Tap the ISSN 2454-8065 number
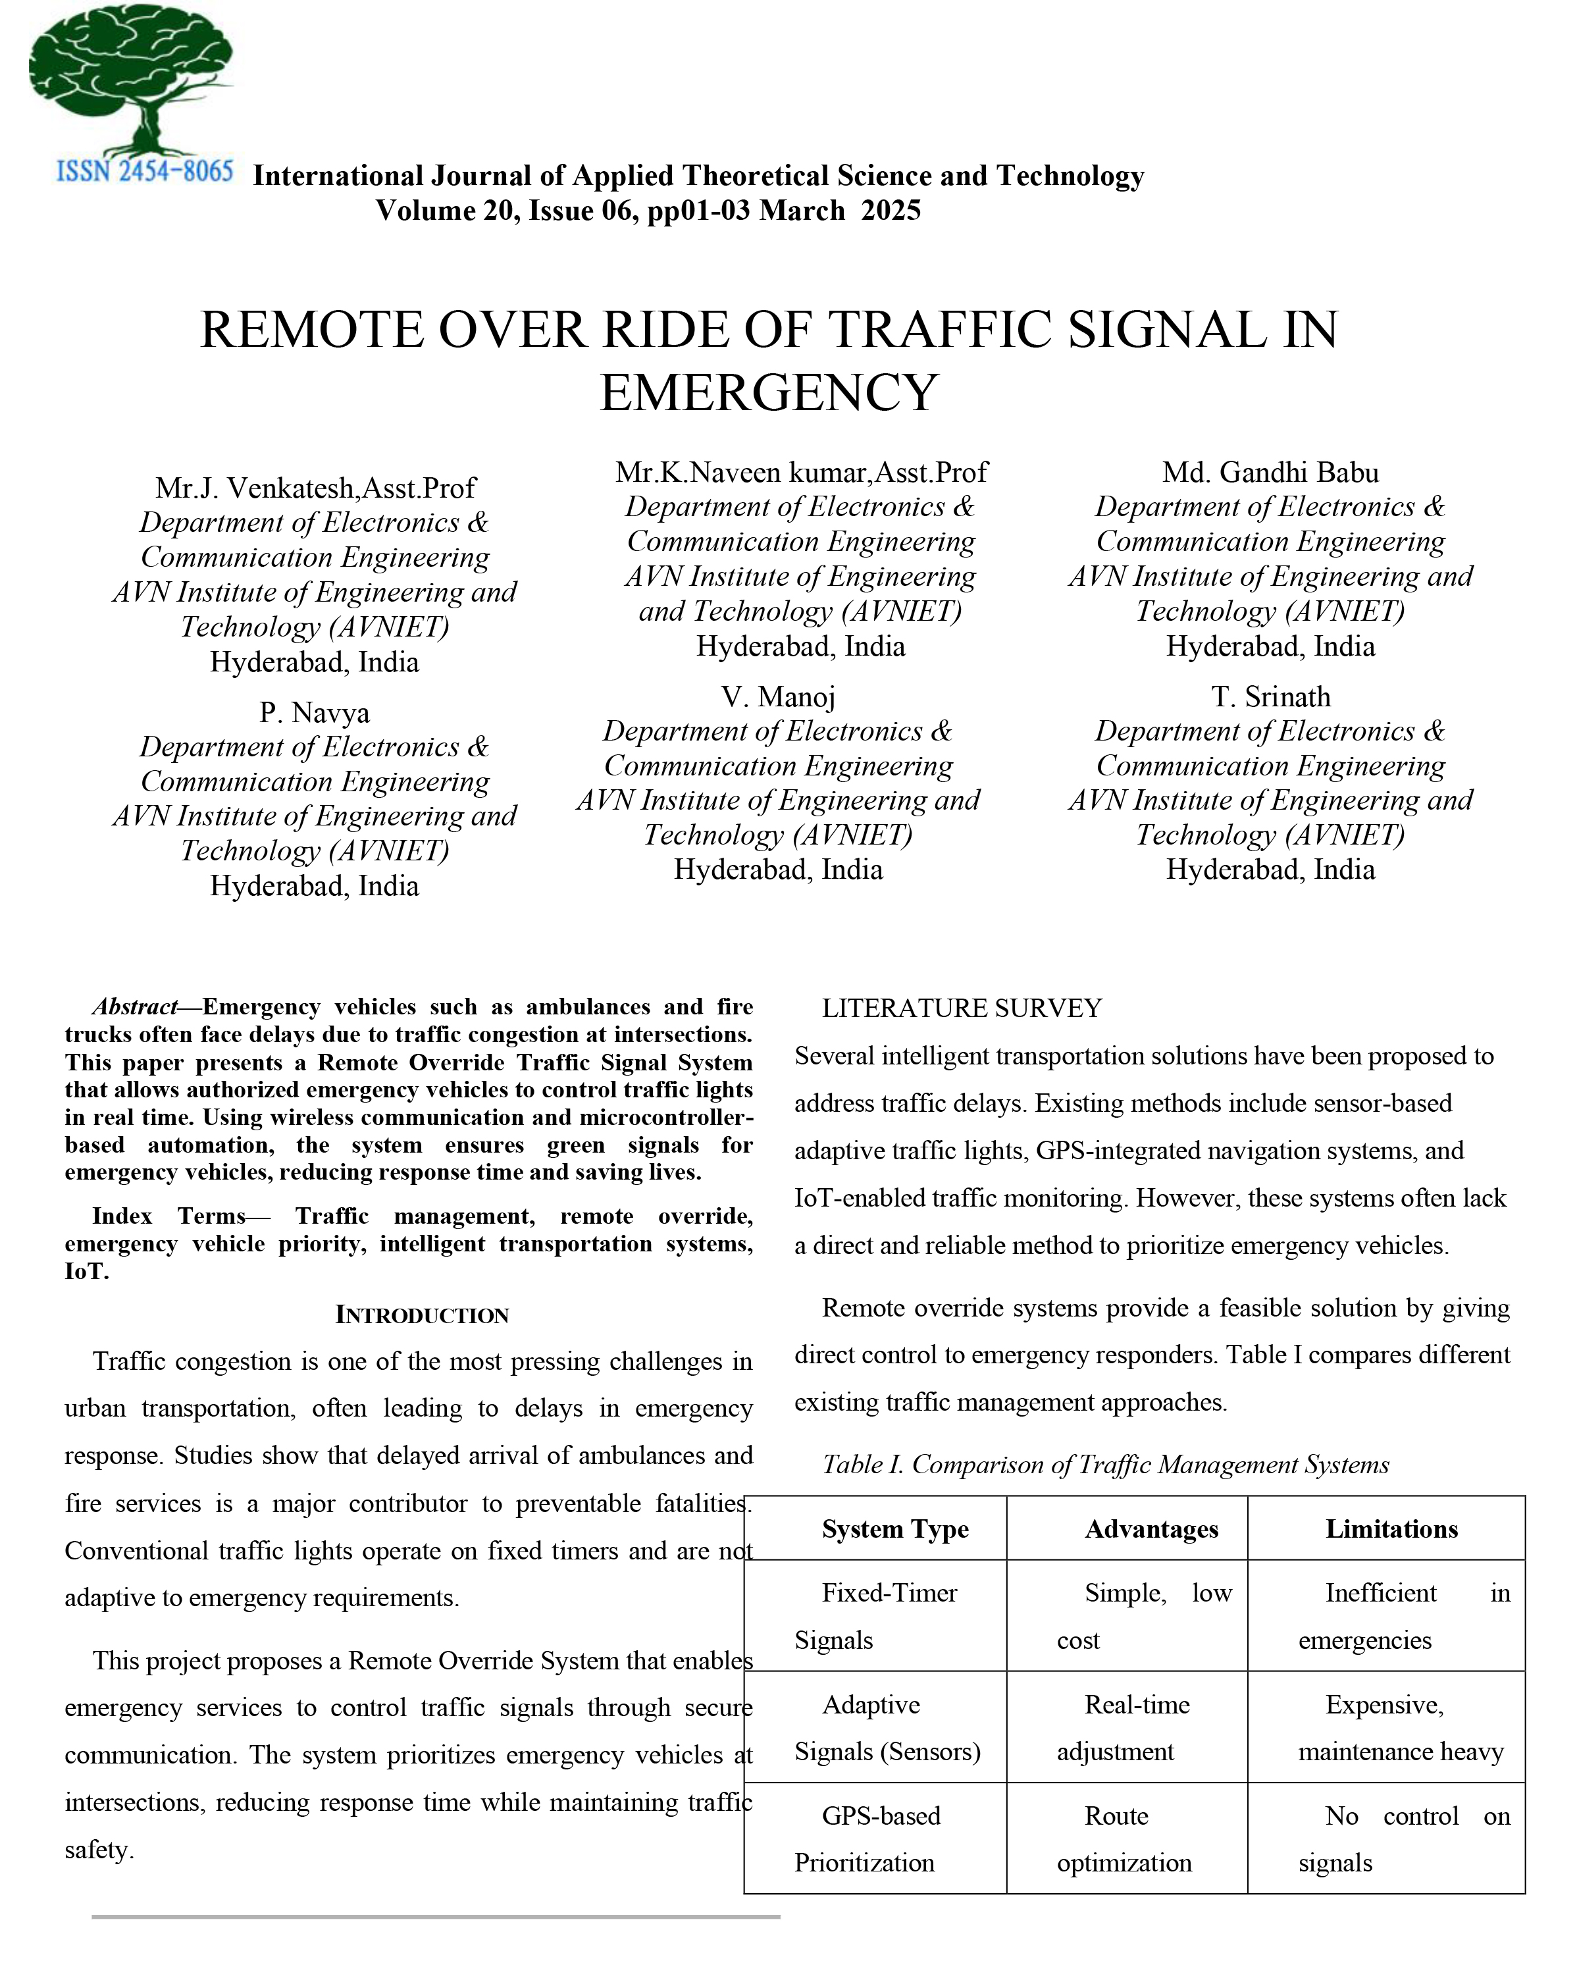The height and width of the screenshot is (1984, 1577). coord(144,172)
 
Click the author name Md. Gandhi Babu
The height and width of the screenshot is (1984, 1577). coord(1270,472)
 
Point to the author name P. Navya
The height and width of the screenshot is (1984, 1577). coord(314,712)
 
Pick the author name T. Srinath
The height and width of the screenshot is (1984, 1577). coord(1270,696)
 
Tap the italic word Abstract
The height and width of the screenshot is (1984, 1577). coord(134,1006)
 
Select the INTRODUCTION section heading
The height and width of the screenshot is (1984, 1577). coord(421,1315)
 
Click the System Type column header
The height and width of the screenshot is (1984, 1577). coord(894,1529)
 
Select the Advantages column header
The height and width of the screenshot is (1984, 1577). coord(1151,1529)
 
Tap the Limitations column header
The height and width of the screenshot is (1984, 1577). coord(1391,1529)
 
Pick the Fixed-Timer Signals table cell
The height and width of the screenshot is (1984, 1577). coord(875,1616)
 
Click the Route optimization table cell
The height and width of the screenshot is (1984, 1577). coord(1124,1839)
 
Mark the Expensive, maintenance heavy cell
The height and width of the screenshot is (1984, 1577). coord(1399,1727)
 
